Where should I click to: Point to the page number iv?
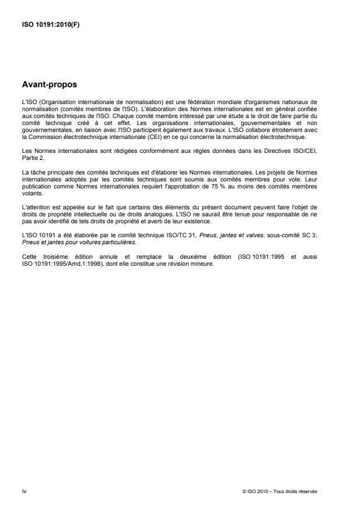pyautogui.click(x=24, y=491)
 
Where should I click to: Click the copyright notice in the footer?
pyautogui.click(x=280, y=491)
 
